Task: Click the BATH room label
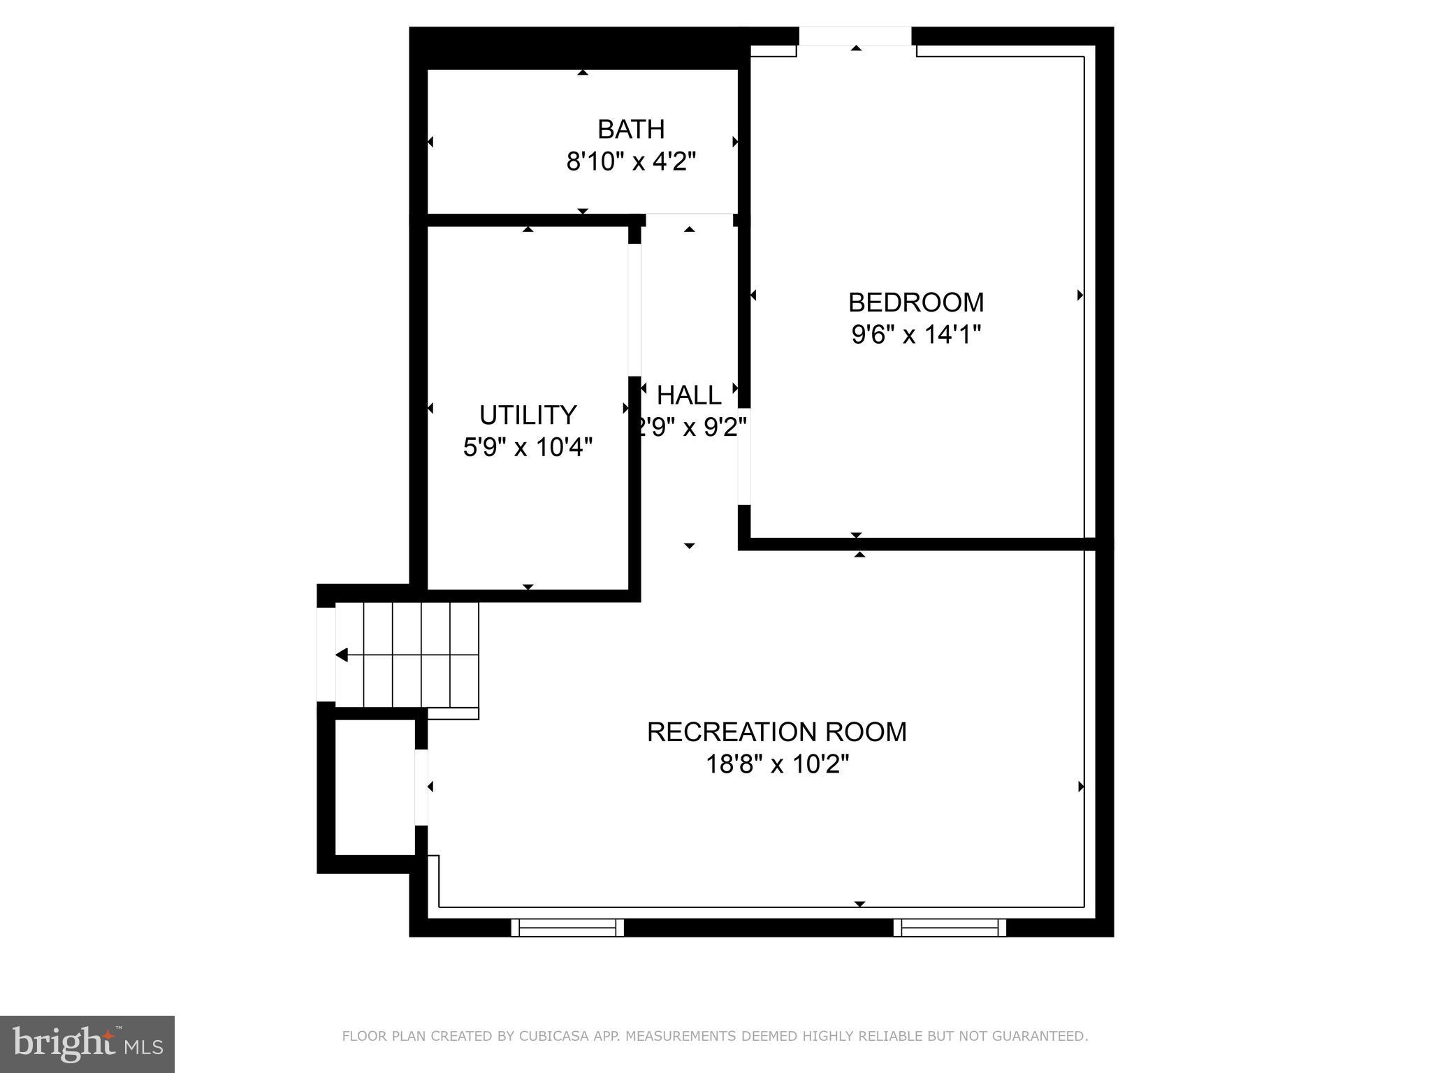(x=630, y=129)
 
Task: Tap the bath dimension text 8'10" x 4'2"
(x=630, y=162)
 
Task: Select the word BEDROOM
(x=915, y=302)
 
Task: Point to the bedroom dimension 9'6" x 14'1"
(x=915, y=335)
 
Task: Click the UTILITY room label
(x=528, y=415)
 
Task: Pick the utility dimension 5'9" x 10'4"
(x=528, y=447)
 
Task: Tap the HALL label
(x=689, y=395)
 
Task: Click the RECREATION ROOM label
(x=776, y=732)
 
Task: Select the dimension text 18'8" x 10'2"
(x=776, y=764)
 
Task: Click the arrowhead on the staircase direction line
(x=342, y=655)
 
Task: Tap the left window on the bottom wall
(x=567, y=928)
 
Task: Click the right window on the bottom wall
(x=950, y=928)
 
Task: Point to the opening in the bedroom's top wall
(x=855, y=36)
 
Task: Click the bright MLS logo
(x=87, y=1044)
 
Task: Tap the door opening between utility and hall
(x=634, y=310)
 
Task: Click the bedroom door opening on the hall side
(x=744, y=456)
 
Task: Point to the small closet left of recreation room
(x=375, y=787)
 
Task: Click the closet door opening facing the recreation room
(x=421, y=787)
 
